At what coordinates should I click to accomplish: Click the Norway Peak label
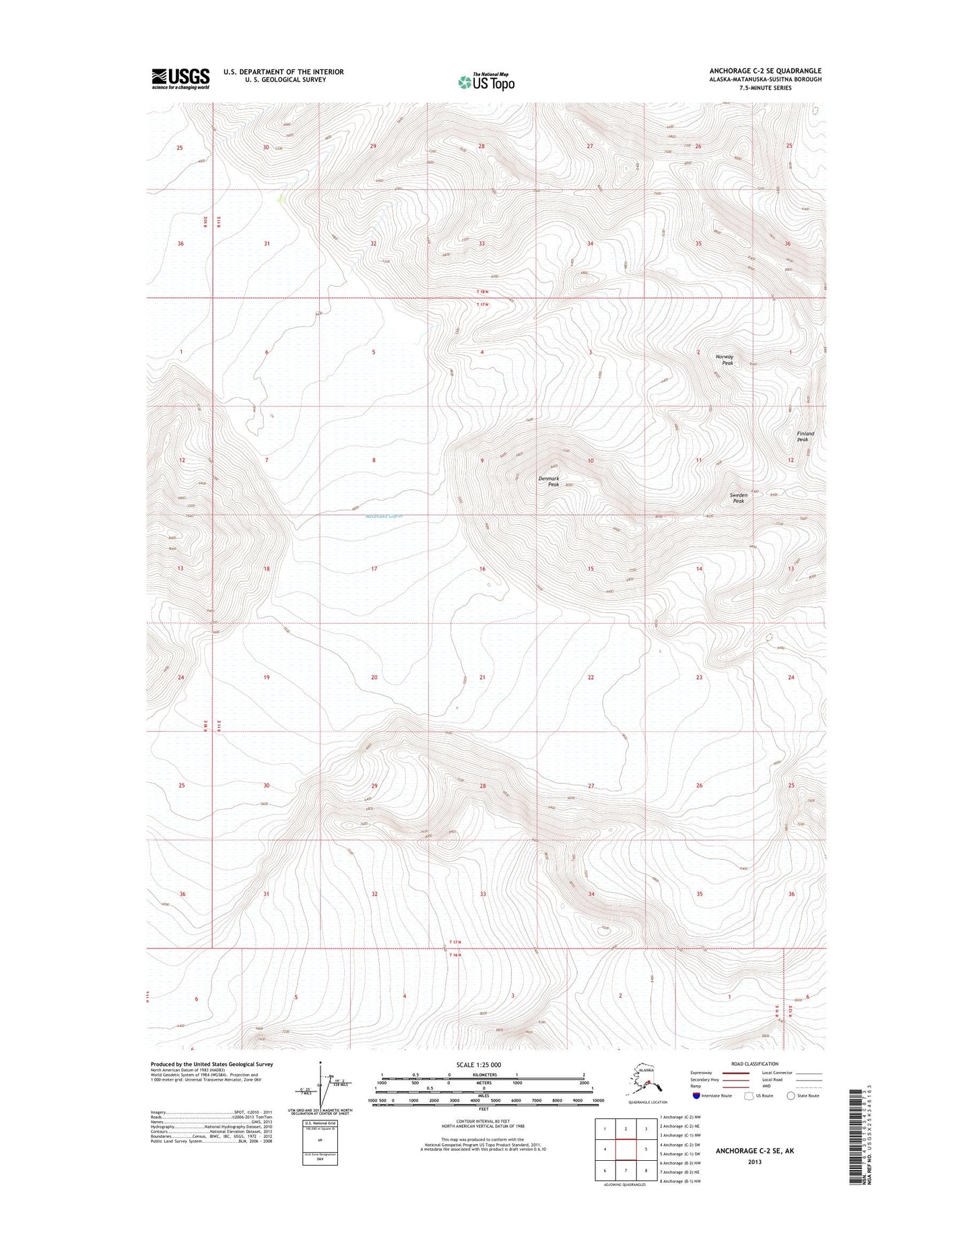(725, 360)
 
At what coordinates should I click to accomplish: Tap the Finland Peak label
(805, 437)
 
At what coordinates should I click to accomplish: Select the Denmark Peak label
(549, 481)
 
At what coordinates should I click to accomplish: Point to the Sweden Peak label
(738, 498)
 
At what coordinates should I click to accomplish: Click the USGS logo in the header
(180, 79)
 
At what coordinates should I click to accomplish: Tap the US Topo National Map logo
(486, 82)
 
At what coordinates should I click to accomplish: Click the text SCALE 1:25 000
(483, 1065)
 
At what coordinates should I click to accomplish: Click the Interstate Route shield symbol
(696, 1095)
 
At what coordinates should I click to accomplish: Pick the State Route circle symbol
(791, 1095)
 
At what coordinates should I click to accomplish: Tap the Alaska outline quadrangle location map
(644, 1081)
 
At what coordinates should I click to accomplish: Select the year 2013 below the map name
(754, 1162)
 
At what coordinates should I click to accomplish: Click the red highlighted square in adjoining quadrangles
(626, 1149)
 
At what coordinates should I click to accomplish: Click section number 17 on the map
(374, 569)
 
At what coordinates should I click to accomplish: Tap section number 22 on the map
(591, 677)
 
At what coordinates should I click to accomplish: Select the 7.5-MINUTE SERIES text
(765, 88)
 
